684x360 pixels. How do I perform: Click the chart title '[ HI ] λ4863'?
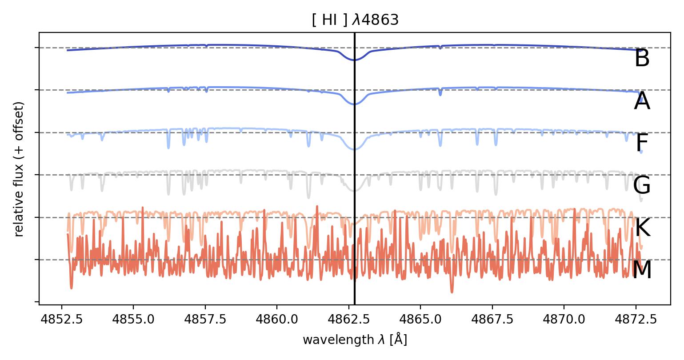click(x=355, y=21)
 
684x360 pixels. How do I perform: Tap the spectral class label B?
click(x=642, y=59)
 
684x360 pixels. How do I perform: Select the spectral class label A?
click(x=642, y=102)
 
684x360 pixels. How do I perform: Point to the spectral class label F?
click(x=642, y=144)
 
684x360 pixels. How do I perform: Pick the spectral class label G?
click(x=642, y=186)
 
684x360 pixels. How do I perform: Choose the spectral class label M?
click(x=642, y=270)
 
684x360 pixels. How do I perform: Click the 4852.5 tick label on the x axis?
click(x=61, y=320)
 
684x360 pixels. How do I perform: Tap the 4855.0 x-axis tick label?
click(x=133, y=320)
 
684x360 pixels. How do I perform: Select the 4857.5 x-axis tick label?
click(x=205, y=320)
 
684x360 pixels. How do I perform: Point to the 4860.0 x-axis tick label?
click(x=277, y=320)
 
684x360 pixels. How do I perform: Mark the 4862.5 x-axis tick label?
click(x=348, y=320)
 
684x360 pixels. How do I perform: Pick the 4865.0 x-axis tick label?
click(x=420, y=320)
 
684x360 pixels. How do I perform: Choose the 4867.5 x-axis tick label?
click(x=492, y=320)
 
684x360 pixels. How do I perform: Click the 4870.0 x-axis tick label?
click(x=564, y=320)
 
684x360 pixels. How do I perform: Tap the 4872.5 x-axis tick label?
click(x=636, y=320)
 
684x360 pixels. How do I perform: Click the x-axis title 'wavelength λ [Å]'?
click(x=355, y=340)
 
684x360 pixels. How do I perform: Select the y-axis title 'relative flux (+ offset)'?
click(x=19, y=169)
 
